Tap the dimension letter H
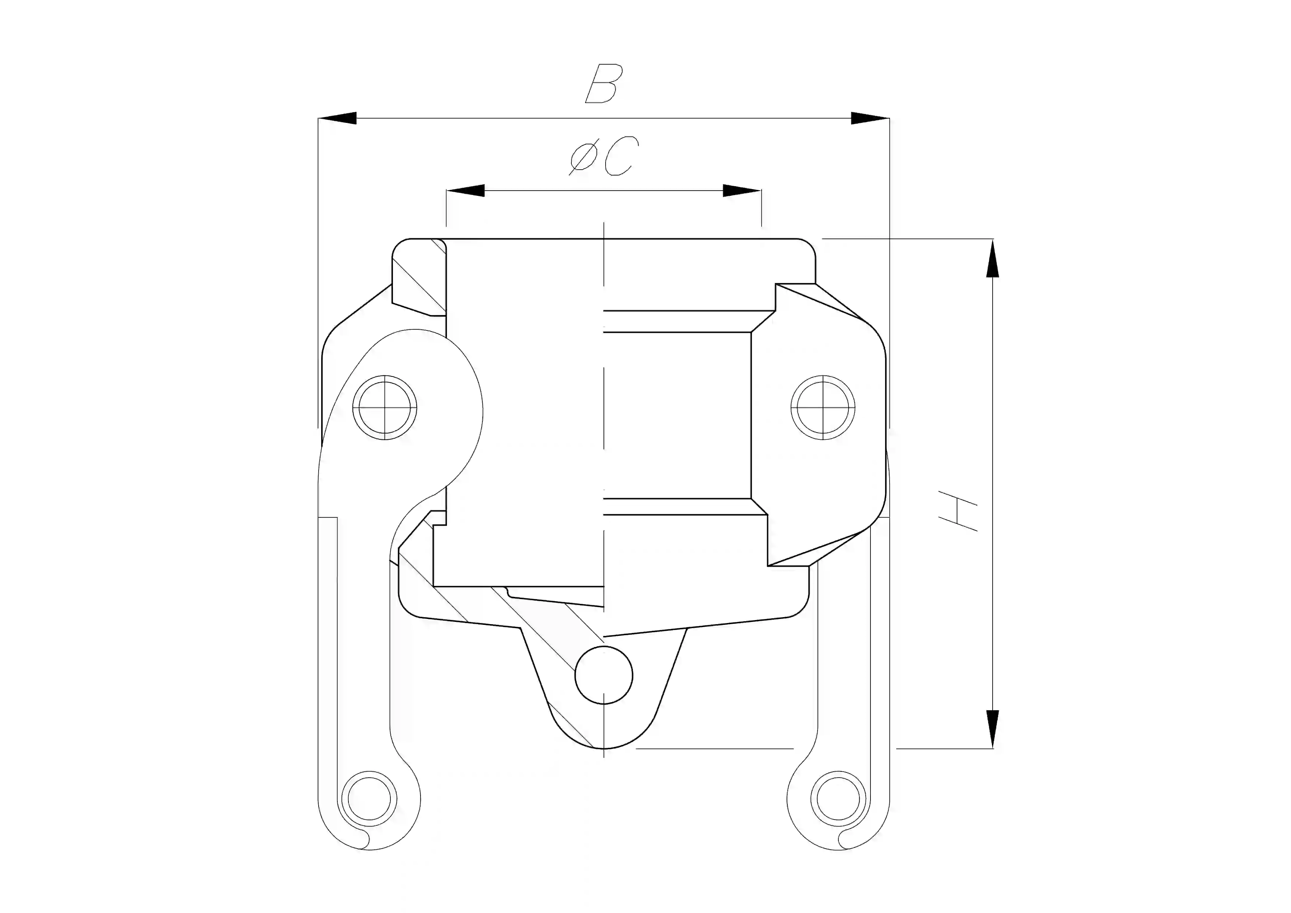[958, 511]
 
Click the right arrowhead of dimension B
[869, 118]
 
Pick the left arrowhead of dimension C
[465, 191]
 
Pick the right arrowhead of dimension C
[742, 191]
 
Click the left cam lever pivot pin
[384, 407]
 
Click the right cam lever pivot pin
[823, 407]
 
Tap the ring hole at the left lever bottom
[369, 799]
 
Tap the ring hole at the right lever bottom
[838, 799]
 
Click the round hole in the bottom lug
[603, 675]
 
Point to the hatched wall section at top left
[419, 279]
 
